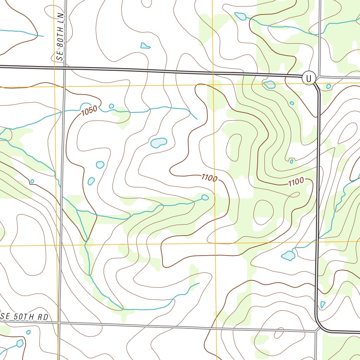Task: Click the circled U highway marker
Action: click(x=309, y=78)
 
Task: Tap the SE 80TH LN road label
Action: click(x=61, y=37)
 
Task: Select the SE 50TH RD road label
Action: click(x=24, y=316)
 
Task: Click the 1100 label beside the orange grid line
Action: click(x=210, y=178)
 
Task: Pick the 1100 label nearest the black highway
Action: click(x=296, y=182)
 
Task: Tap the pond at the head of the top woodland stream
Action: click(x=240, y=16)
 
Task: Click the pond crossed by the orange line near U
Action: click(x=270, y=84)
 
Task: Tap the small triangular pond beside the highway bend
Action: click(x=322, y=304)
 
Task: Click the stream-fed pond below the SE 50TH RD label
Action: click(x=20, y=343)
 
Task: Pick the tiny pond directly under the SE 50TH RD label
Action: click(x=28, y=332)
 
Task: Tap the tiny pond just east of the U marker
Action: click(x=328, y=86)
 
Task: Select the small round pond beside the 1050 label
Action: click(x=111, y=106)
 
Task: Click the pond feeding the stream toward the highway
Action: click(x=288, y=256)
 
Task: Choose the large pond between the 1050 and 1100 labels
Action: click(x=158, y=142)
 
